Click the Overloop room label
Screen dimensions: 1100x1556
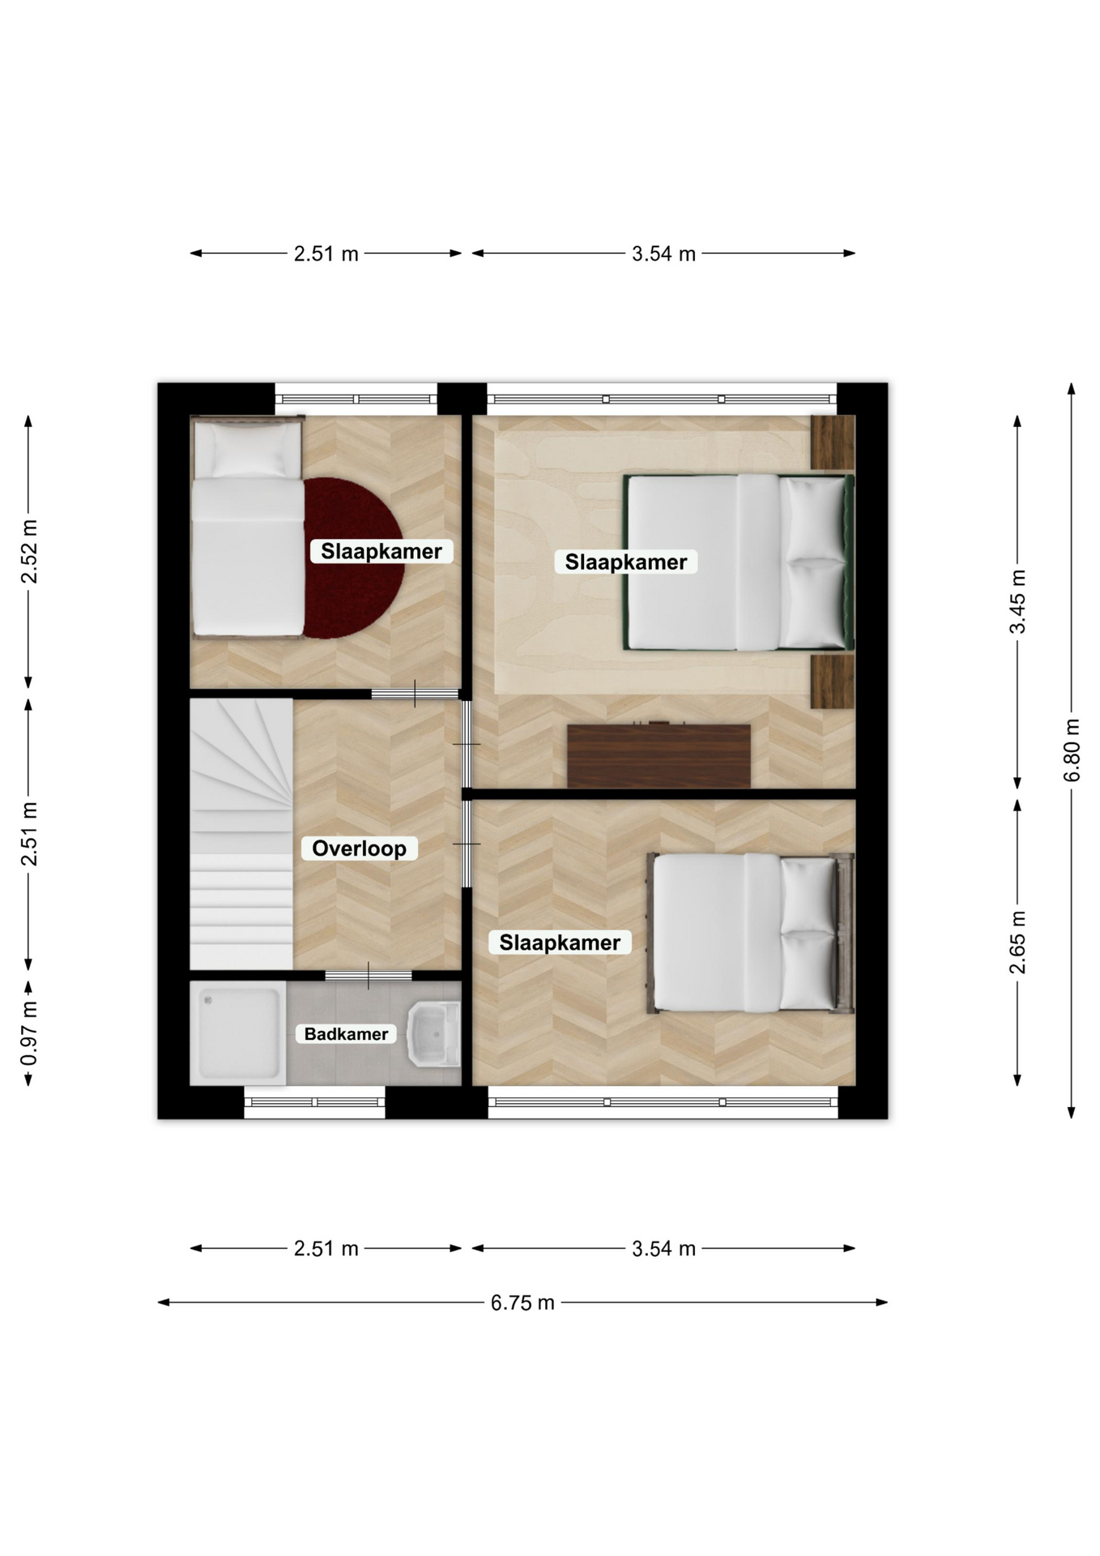coord(359,849)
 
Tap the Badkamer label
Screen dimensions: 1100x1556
coord(346,1034)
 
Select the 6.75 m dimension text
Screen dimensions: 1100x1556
coord(522,1302)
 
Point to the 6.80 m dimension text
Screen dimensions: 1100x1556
coord(1072,750)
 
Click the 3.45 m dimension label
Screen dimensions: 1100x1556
coord(1018,601)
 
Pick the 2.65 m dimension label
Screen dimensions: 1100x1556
coord(1018,942)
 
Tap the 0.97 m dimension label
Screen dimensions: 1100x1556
coord(29,1034)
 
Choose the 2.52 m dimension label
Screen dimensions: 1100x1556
coord(29,552)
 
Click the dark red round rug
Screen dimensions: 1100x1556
coord(354,558)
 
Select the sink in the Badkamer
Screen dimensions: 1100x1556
coord(434,1034)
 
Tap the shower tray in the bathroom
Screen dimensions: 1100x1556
coord(238,1033)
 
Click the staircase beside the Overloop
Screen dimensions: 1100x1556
coord(241,834)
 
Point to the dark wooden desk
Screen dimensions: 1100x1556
coord(659,755)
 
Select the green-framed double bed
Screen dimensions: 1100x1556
coord(739,562)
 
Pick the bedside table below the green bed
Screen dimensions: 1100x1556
coord(833,682)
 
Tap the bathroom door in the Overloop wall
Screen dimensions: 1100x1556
coord(369,975)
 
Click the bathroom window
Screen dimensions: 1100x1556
coord(314,1102)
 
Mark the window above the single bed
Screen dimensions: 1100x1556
coord(356,399)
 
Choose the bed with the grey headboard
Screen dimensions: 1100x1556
coord(750,933)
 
